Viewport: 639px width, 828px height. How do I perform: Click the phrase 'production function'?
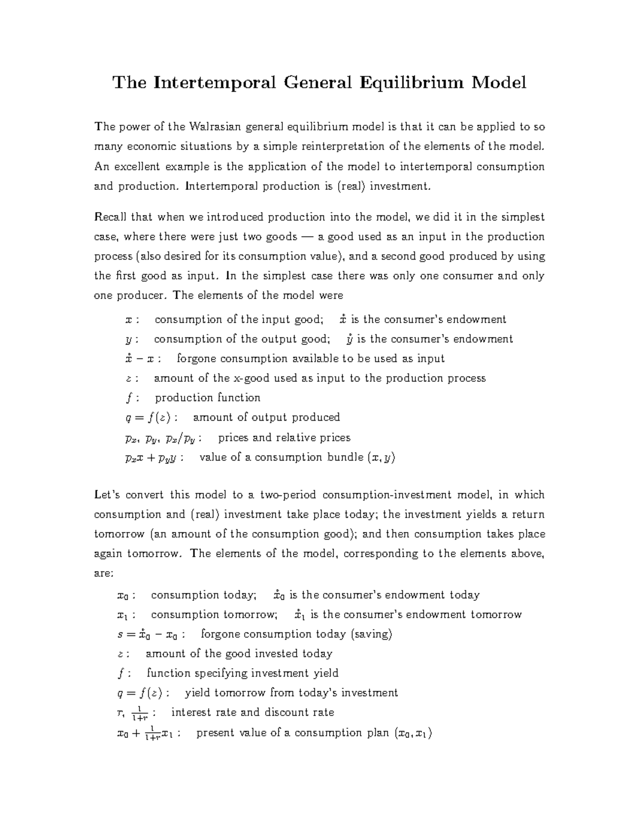click(x=208, y=398)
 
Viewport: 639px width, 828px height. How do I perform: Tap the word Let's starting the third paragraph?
click(x=105, y=495)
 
